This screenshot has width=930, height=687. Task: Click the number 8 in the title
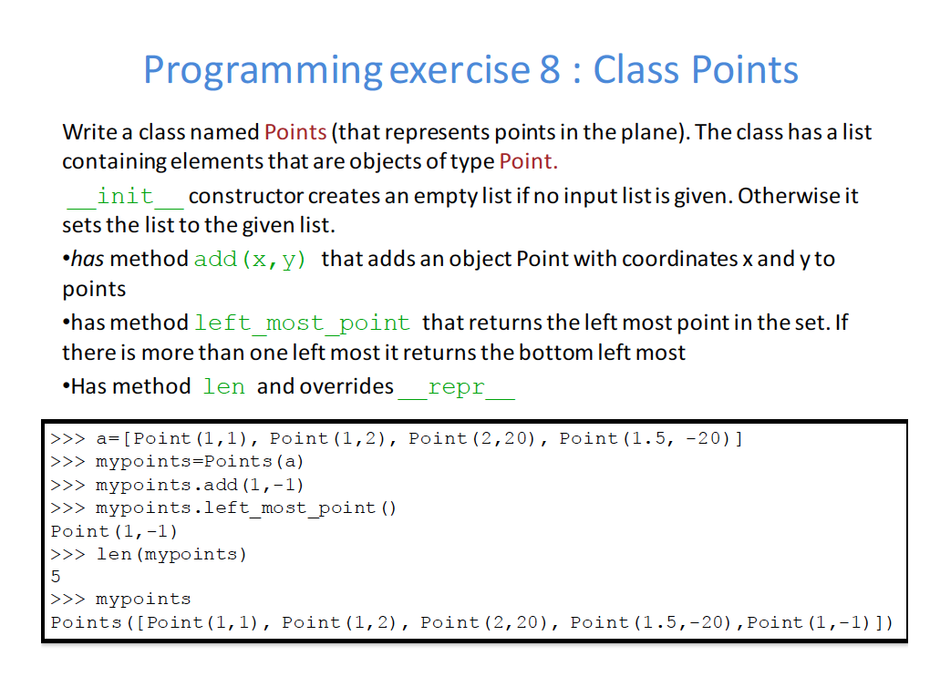pyautogui.click(x=549, y=70)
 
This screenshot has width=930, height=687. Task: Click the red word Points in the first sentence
pyautogui.click(x=295, y=132)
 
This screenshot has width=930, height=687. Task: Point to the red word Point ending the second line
pyautogui.click(x=528, y=161)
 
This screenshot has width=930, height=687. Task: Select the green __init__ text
pyautogui.click(x=125, y=196)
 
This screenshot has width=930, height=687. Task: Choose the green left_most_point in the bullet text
pyautogui.click(x=303, y=323)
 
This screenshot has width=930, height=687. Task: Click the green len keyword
pyautogui.click(x=224, y=386)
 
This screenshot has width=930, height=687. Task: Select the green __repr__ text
pyautogui.click(x=456, y=386)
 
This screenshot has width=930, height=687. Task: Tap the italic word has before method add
pyautogui.click(x=88, y=259)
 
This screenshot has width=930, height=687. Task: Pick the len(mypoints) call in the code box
pyautogui.click(x=171, y=554)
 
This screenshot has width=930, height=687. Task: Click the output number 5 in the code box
pyautogui.click(x=56, y=577)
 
